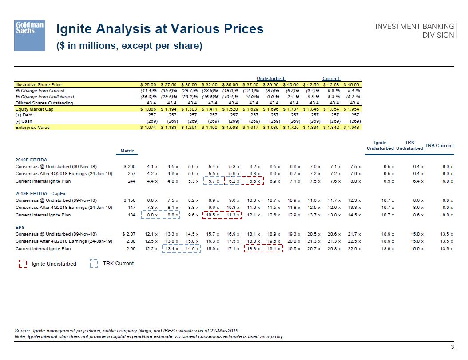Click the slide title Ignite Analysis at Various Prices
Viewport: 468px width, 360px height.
pyautogui.click(x=159, y=29)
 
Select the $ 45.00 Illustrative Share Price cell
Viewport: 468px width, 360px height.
pyautogui.click(x=351, y=84)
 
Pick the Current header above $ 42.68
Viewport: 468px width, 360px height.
pyautogui.click(x=330, y=79)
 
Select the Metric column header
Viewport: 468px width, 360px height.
pyautogui.click(x=127, y=151)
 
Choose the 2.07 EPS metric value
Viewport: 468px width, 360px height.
pyautogui.click(x=129, y=234)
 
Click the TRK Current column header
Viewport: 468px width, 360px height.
pyautogui.click(x=439, y=145)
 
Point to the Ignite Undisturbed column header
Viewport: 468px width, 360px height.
pyautogui.click(x=380, y=145)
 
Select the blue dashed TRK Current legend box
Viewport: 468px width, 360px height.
pyautogui.click(x=94, y=264)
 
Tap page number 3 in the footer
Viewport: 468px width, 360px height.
pyautogui.click(x=452, y=347)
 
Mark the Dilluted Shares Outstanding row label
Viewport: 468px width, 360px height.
pyautogui.click(x=44, y=103)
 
